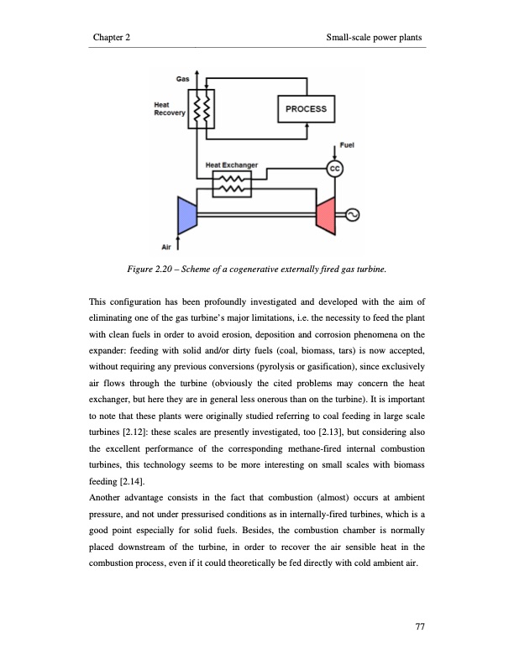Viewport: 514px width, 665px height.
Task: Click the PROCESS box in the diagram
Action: (306, 109)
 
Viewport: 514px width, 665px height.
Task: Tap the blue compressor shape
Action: (186, 215)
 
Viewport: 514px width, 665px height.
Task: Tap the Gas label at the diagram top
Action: (181, 78)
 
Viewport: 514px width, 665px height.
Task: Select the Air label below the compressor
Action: (165, 247)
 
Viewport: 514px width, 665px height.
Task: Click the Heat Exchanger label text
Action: (232, 165)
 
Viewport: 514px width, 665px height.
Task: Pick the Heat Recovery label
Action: (169, 109)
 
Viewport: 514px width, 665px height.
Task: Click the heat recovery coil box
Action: (201, 109)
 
